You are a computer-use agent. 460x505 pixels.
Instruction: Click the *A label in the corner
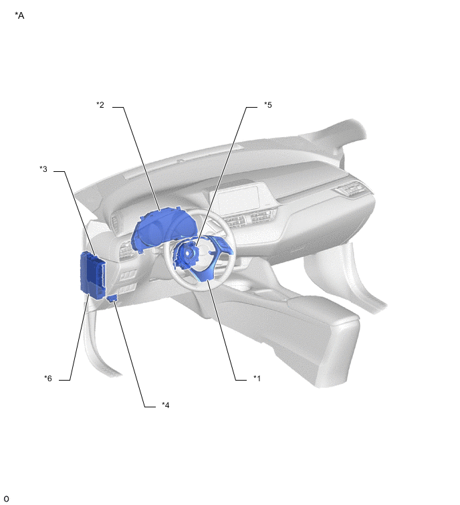point(19,15)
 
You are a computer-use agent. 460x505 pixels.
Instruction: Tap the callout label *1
point(257,378)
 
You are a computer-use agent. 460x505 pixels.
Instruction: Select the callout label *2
point(100,104)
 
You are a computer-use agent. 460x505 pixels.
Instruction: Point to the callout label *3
point(43,169)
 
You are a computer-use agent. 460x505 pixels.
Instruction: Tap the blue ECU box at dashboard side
point(92,275)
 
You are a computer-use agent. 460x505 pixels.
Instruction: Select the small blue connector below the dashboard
point(112,298)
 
